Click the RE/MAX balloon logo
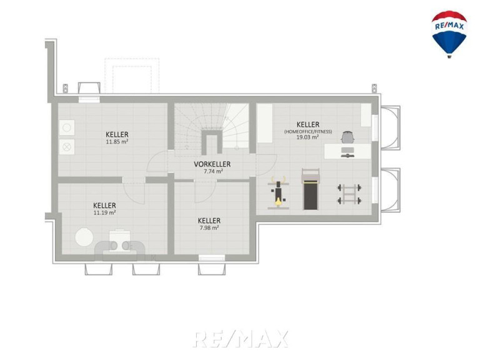449,34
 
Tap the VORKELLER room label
212,164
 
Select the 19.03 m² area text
308,137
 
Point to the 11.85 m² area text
117,142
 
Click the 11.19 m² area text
104,212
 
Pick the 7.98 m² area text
209,227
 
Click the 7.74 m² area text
213,171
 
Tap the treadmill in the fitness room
310,189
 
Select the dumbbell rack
350,194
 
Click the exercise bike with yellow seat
278,193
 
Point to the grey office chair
348,137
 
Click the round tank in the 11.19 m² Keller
84,237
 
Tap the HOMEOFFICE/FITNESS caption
308,131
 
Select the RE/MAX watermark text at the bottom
240,339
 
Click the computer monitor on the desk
348,150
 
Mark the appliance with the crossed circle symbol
67,147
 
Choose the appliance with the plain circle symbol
67,127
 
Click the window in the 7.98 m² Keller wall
212,258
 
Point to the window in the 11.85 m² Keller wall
89,99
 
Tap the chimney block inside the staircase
212,141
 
